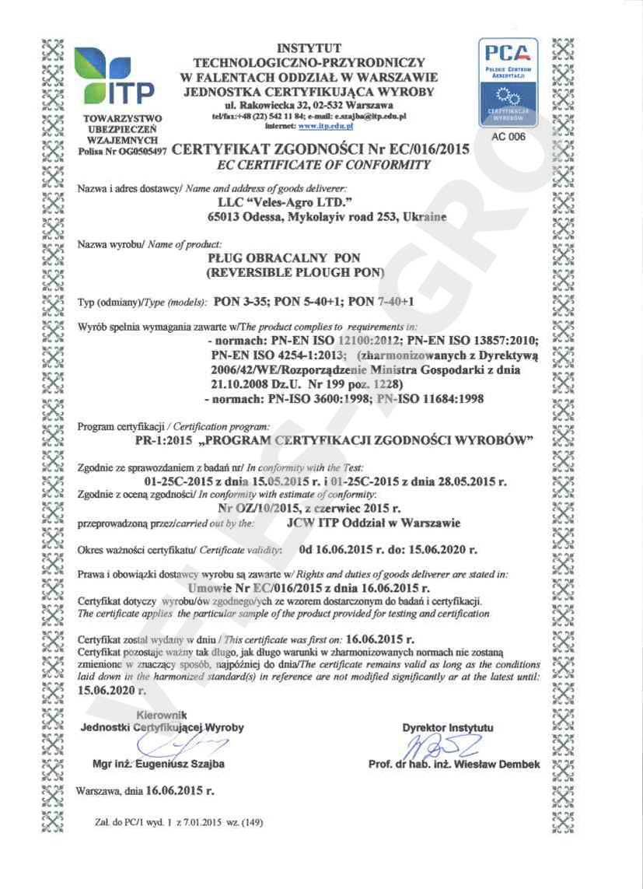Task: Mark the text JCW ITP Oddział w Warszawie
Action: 373,523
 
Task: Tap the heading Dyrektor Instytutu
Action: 447,728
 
